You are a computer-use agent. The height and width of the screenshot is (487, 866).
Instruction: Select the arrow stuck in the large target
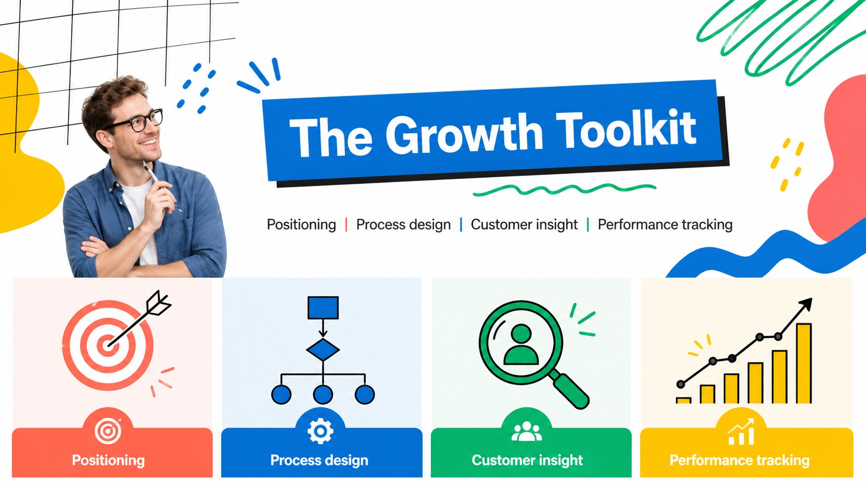click(x=139, y=319)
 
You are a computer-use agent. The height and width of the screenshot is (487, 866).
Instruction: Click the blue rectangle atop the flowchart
click(x=323, y=307)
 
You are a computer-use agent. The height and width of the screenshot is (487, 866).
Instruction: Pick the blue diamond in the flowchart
click(x=323, y=350)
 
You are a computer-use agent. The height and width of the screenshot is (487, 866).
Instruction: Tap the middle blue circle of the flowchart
click(x=323, y=394)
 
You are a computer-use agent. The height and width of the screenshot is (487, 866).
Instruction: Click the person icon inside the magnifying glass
click(x=521, y=345)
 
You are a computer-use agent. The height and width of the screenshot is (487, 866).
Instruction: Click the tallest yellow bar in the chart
click(x=804, y=363)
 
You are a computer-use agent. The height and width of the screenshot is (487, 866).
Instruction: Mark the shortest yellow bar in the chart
click(x=683, y=401)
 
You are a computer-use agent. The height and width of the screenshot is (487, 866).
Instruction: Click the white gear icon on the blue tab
click(x=320, y=430)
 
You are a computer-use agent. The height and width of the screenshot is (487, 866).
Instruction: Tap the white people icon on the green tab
click(x=527, y=432)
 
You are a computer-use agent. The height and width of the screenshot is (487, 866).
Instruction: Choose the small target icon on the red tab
click(x=108, y=431)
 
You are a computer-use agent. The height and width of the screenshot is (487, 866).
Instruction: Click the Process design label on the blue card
click(x=320, y=460)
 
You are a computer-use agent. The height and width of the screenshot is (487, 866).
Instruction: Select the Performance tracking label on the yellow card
click(x=740, y=460)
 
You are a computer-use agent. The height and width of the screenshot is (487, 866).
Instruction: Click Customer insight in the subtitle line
click(x=524, y=225)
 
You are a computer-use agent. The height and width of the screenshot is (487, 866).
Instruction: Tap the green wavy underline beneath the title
click(x=565, y=189)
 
